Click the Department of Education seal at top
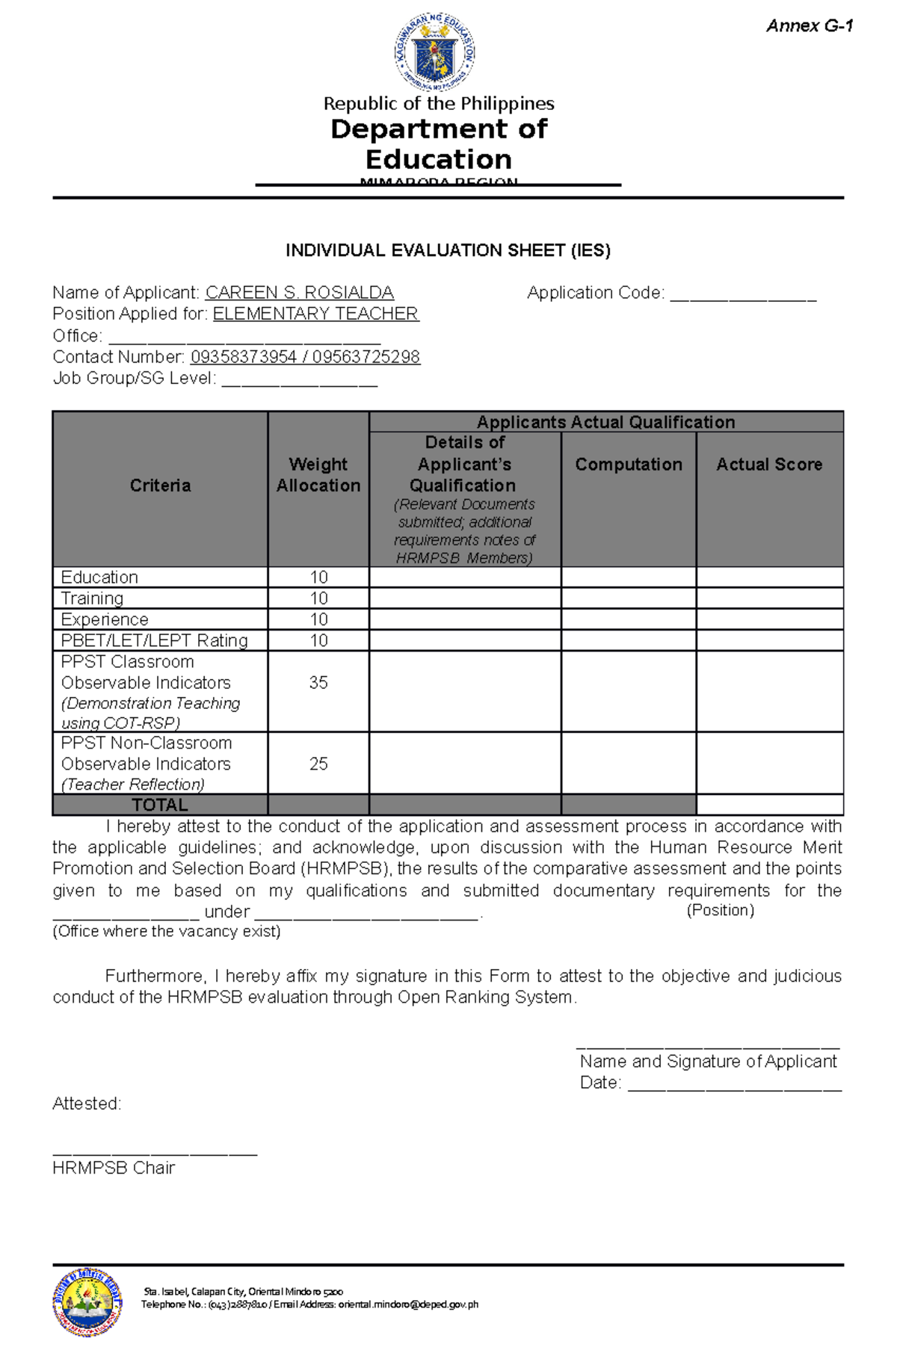434,53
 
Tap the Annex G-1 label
810,26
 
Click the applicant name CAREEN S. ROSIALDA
299,293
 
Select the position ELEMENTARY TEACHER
315,314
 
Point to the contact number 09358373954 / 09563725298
305,357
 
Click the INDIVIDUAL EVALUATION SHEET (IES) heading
448,250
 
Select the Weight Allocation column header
318,475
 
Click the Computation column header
629,465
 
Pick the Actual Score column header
769,465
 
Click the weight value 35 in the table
318,683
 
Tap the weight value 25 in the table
318,764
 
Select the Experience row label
105,619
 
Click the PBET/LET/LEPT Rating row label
154,640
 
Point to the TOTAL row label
160,805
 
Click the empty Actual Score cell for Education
769,577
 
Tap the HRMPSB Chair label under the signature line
114,1168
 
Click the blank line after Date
734,1085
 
